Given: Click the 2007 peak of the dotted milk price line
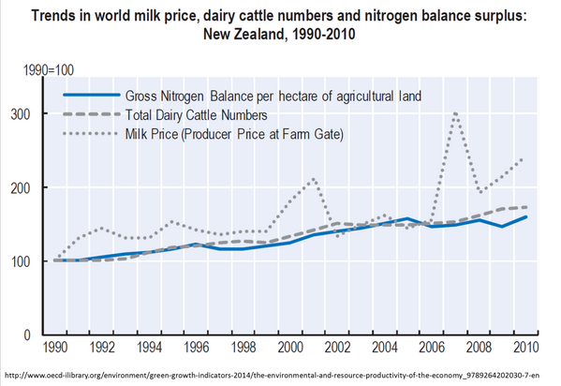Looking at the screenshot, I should tap(455, 113).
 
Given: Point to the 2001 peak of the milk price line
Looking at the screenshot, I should tap(313, 178).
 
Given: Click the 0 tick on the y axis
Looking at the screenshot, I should tap(38, 334).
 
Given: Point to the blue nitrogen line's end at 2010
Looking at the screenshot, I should tap(525, 216).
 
